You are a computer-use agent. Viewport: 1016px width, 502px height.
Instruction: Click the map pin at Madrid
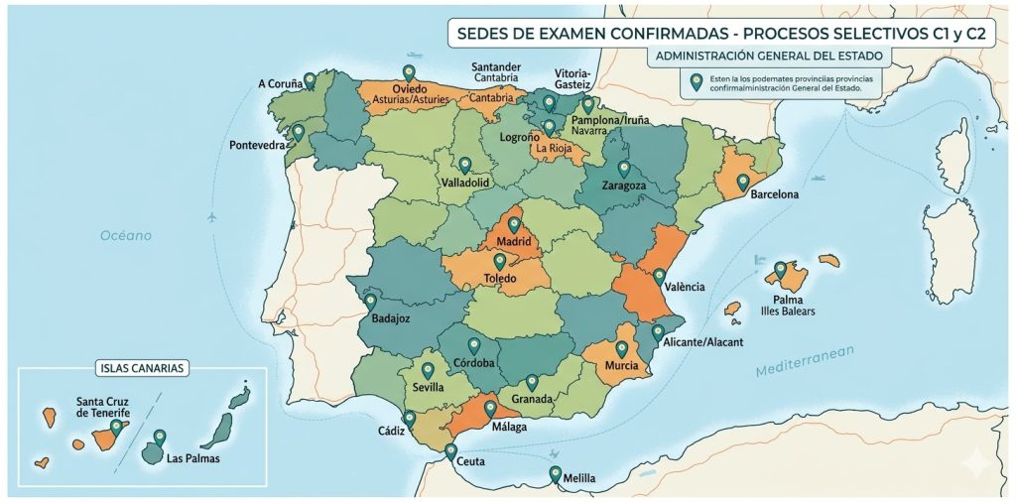(513, 224)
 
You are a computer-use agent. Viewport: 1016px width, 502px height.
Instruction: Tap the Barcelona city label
(774, 194)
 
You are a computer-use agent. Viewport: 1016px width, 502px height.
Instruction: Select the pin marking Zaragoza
(623, 169)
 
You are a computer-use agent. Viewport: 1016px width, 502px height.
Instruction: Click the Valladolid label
(465, 184)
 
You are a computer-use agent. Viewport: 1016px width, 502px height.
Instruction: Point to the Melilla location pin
(555, 473)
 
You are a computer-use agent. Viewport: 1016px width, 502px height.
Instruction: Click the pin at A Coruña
(310, 79)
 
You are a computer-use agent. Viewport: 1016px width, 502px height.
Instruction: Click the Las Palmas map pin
(159, 437)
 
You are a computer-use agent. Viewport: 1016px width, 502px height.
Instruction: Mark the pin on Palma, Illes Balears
(780, 269)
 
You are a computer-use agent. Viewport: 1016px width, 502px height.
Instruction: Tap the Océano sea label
(125, 235)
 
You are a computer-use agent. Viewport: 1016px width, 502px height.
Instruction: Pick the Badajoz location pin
(370, 301)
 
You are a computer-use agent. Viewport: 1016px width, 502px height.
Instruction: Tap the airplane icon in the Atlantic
(210, 216)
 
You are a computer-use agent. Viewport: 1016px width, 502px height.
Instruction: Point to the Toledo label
(500, 280)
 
